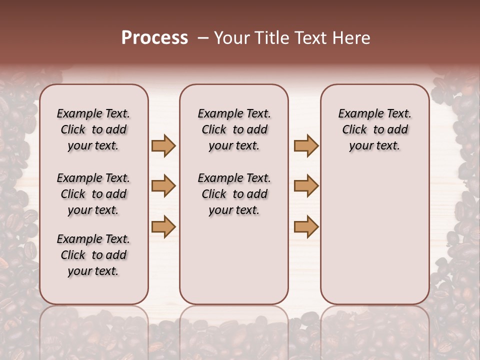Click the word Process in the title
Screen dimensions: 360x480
(154, 38)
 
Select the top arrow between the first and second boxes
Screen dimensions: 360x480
(163, 145)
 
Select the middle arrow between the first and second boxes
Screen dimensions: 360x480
(163, 186)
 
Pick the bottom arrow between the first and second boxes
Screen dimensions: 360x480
(163, 227)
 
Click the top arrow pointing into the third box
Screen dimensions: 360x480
(306, 145)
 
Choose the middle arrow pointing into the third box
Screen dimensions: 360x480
(306, 186)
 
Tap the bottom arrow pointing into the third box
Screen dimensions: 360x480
(306, 227)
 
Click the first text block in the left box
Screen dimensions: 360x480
(93, 129)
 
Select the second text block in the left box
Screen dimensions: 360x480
(93, 194)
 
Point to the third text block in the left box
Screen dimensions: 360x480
(93, 255)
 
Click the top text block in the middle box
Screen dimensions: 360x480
(234, 129)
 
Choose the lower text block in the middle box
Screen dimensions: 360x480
(234, 194)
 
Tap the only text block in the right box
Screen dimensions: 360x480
(375, 129)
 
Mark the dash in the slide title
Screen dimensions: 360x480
(202, 38)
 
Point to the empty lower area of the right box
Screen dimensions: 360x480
(375, 235)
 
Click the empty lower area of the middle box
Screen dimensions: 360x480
(234, 260)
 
